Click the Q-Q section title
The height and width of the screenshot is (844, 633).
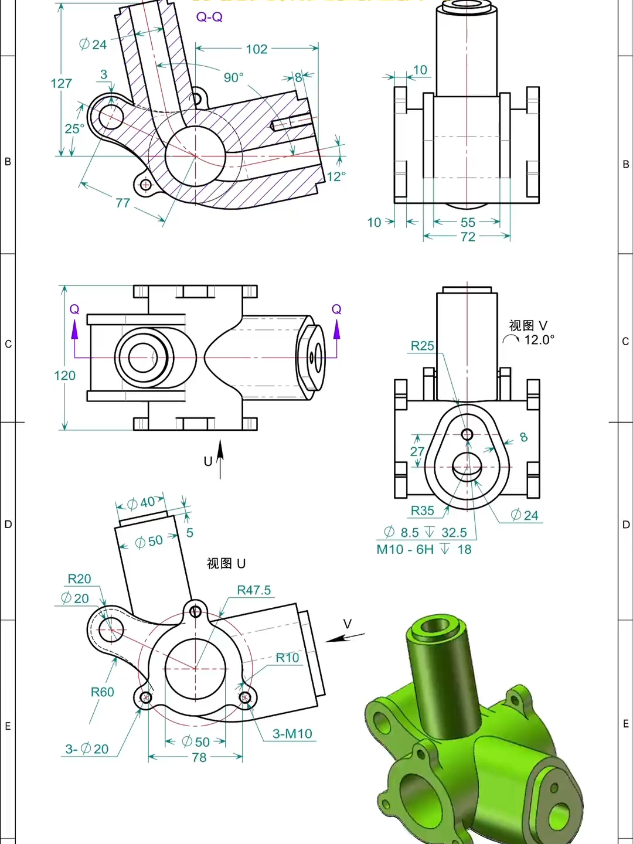[x=209, y=17]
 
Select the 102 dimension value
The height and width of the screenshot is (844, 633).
[x=257, y=49]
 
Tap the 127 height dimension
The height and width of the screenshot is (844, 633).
[x=61, y=83]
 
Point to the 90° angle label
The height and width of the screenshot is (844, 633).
[x=233, y=77]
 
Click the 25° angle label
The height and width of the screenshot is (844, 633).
[x=74, y=128]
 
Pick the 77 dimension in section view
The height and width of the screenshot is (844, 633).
[x=122, y=203]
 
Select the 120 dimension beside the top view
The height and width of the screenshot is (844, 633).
[x=64, y=375]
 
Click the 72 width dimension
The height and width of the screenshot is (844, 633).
[x=468, y=237]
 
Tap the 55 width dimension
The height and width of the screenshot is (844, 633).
[x=468, y=223]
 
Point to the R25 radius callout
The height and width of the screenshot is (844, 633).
[x=422, y=346]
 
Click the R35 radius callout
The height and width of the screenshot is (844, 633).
[x=422, y=511]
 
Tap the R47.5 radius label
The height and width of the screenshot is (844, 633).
[x=254, y=590]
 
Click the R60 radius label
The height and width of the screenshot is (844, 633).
[x=102, y=692]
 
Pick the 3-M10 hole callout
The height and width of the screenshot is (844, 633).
[x=292, y=734]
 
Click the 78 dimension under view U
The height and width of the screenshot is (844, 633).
[x=199, y=757]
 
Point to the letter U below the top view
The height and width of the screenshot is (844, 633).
[x=208, y=461]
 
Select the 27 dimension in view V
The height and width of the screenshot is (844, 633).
[x=417, y=451]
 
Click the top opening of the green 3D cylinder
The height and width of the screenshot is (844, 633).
[x=435, y=626]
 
